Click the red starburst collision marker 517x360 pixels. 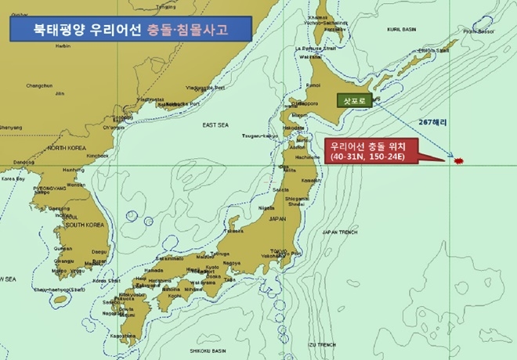pyautogui.click(x=459, y=160)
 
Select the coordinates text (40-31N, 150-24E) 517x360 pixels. pyautogui.click(x=366, y=157)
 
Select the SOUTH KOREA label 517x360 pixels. pyautogui.click(x=85, y=225)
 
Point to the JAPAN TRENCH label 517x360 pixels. pyautogui.click(x=339, y=232)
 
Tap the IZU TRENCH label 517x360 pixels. pyautogui.click(x=321, y=344)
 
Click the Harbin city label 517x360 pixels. pyautogui.click(x=63, y=45)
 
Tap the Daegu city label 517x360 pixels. pyautogui.click(x=99, y=250)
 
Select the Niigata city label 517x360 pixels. pyautogui.click(x=266, y=208)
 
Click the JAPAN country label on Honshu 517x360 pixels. pyautogui.click(x=278, y=219)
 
